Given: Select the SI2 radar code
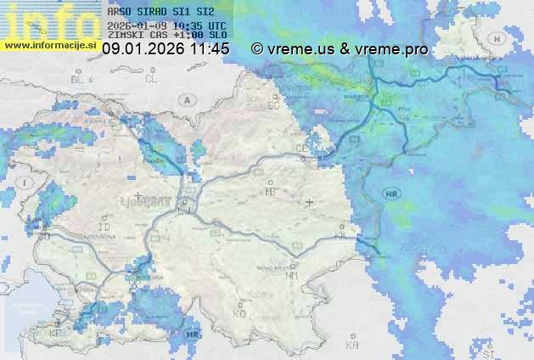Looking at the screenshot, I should (x=205, y=13).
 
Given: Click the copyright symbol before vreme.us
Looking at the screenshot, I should (x=257, y=49).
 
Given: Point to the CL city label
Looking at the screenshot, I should (x=152, y=79).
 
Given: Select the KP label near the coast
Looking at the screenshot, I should (x=57, y=333).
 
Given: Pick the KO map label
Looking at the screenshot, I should (x=239, y=313).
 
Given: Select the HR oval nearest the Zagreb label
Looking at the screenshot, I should (x=391, y=194).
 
